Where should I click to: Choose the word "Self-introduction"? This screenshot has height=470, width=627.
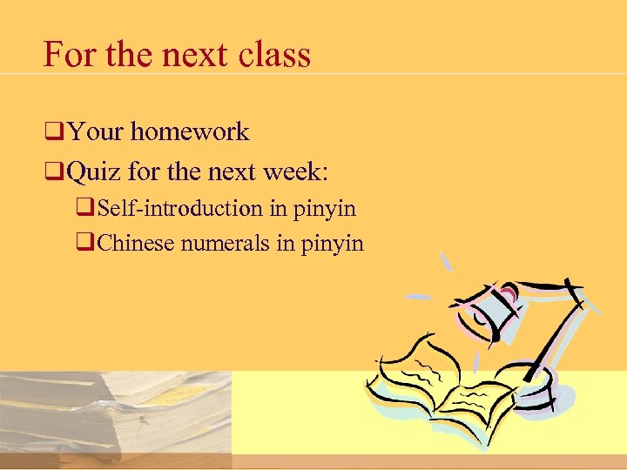(180, 209)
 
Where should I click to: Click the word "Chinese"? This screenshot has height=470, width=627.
(137, 243)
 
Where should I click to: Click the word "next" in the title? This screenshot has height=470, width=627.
(192, 54)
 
